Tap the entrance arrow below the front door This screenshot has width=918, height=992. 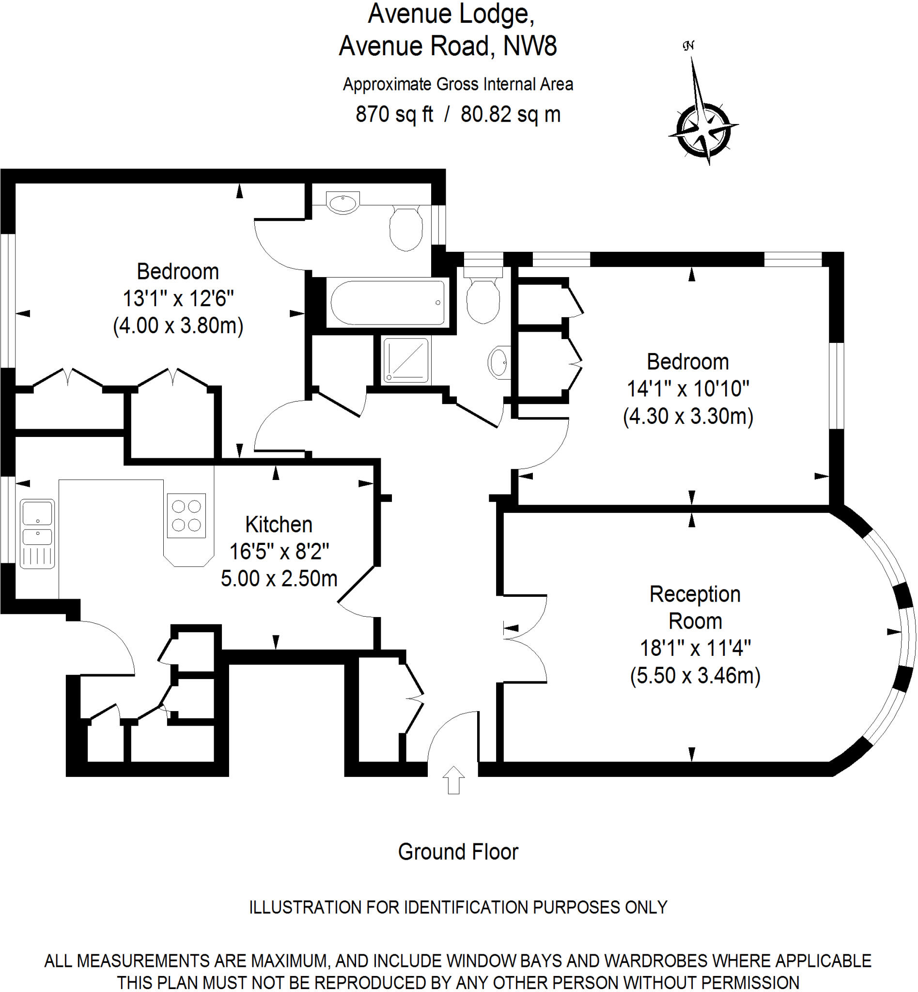tap(453, 780)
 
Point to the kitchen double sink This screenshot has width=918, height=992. tap(37, 533)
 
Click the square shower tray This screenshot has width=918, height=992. tap(406, 360)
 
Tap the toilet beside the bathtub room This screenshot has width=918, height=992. tap(406, 229)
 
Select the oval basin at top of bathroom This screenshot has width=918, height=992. tap(343, 202)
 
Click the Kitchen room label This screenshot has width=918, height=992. tap(279, 525)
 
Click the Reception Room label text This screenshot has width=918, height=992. tap(695, 607)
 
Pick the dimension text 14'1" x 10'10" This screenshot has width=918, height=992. tap(687, 389)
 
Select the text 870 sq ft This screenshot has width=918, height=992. tap(394, 114)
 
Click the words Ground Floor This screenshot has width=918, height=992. tap(457, 852)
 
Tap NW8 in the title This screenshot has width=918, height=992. tap(529, 46)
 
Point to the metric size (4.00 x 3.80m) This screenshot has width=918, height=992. tap(178, 325)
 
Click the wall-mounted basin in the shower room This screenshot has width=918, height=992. tap(499, 362)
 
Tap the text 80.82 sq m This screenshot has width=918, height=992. tap(510, 114)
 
